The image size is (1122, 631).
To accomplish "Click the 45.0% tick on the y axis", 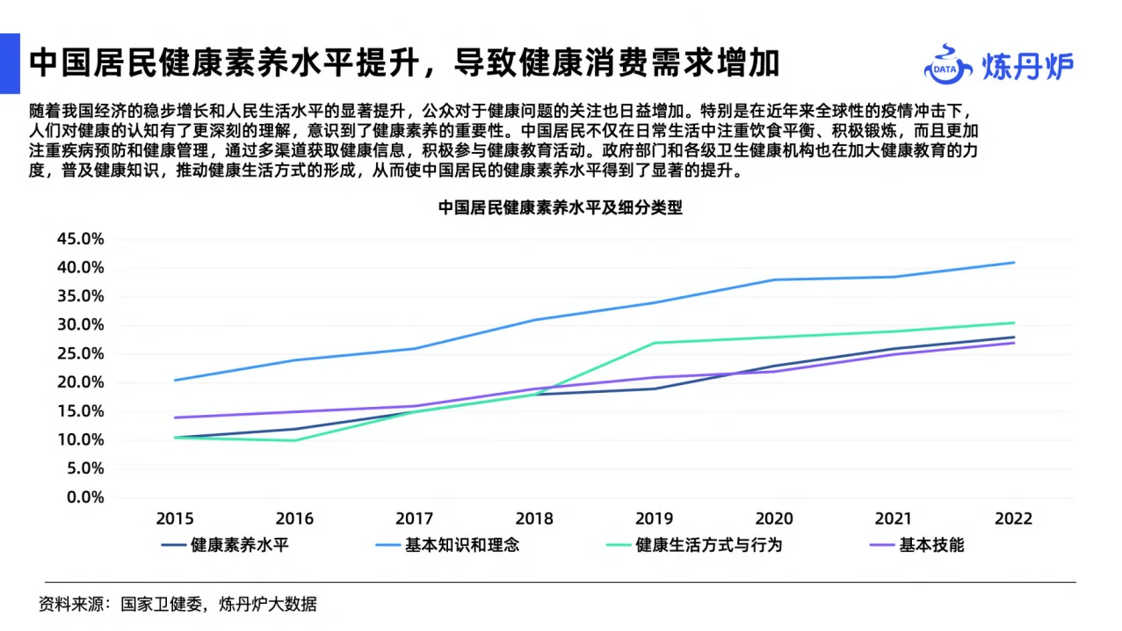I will click(x=80, y=239).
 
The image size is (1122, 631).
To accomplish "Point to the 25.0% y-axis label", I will click(x=80, y=354).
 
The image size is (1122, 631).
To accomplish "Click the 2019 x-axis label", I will click(x=654, y=519).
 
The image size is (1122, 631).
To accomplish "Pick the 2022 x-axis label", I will click(x=1013, y=519).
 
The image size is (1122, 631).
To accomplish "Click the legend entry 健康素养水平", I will click(x=239, y=545).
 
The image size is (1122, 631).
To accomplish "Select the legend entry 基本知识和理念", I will click(x=461, y=545).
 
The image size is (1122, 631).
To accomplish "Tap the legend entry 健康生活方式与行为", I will click(x=708, y=545).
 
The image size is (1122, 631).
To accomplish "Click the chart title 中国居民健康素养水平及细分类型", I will click(x=561, y=209).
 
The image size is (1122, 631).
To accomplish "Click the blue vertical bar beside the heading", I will click(x=10, y=63).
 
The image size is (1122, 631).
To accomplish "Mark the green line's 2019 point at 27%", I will click(x=654, y=343).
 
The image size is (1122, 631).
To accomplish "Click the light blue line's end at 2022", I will click(x=1014, y=262).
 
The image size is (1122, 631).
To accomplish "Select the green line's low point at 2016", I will click(x=294, y=440).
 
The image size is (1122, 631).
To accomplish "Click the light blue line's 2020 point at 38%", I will click(x=773, y=279).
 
